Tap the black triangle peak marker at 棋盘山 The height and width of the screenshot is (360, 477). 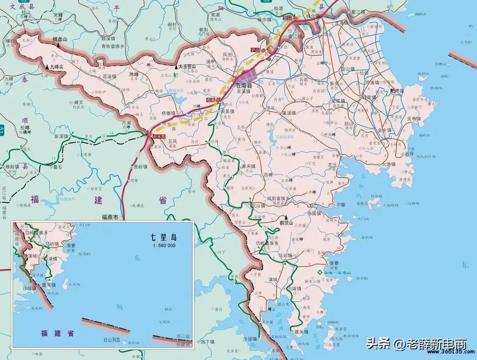56,44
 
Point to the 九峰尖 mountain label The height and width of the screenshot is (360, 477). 56,67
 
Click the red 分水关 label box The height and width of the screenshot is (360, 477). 159,136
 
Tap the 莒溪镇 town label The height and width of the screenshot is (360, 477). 109,76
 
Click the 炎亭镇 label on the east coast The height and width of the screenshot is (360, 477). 413,118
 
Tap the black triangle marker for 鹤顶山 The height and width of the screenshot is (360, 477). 286,217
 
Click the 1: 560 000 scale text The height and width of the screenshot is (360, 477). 163,245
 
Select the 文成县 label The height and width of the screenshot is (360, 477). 19,7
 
